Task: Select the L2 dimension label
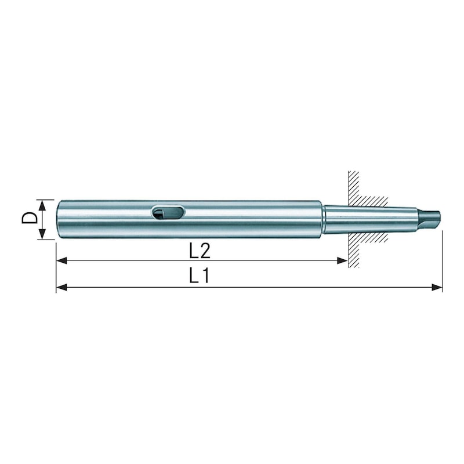pos(199,251)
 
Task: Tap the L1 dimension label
pos(199,277)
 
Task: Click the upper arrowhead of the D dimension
pos(42,203)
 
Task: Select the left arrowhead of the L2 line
pos(60,262)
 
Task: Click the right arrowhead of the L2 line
pos(343,262)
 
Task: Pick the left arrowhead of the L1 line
pos(60,287)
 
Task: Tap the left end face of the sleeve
pos(58,219)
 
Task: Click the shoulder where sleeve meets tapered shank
pos(323,219)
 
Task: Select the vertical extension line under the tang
pos(442,261)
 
